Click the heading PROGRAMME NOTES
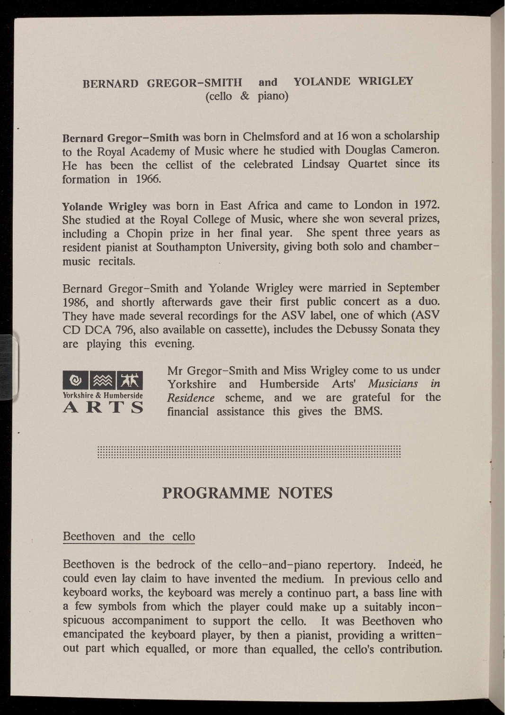(x=247, y=493)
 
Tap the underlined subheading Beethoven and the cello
(x=129, y=536)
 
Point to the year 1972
(x=427, y=205)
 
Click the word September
(x=413, y=288)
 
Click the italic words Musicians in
(x=404, y=384)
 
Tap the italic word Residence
(x=191, y=398)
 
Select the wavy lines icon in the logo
(x=102, y=380)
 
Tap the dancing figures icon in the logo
(x=130, y=380)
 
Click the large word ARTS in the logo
(x=103, y=407)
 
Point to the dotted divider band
(x=249, y=452)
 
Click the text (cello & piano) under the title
(x=247, y=96)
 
